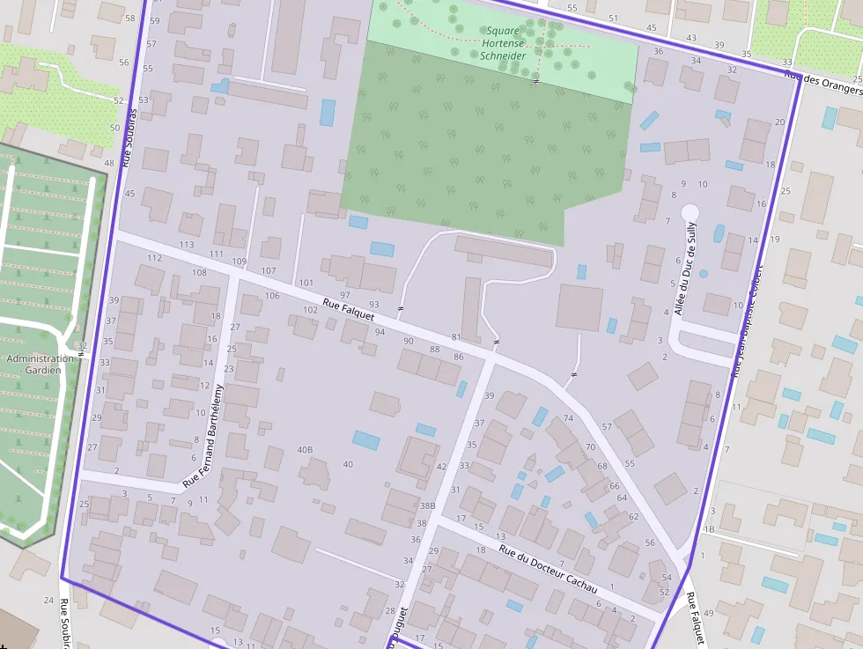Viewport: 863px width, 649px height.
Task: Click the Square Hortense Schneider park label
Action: [x=503, y=43]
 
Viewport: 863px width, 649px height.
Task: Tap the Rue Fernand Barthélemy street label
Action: [x=204, y=436]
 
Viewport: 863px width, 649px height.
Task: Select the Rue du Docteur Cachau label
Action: [x=548, y=570]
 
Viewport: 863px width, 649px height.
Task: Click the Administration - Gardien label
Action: [x=40, y=364]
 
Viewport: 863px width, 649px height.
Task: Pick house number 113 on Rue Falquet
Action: [x=186, y=245]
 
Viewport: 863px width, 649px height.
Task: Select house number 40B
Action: [x=305, y=450]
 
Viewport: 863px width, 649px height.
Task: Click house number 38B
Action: [x=427, y=506]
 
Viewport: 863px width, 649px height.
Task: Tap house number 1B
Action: [x=709, y=529]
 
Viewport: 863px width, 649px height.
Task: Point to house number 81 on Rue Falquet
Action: [x=456, y=337]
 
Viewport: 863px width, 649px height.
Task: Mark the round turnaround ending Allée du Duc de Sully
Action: [x=690, y=212]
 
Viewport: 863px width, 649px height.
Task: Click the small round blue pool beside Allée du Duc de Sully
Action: [x=703, y=274]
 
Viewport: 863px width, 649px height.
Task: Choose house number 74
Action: [x=568, y=418]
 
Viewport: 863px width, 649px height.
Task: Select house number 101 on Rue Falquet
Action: [x=306, y=283]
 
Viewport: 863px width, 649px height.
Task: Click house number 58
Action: [x=130, y=18]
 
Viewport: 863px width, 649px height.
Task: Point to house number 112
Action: [x=154, y=258]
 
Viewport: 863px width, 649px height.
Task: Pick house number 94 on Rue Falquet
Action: [x=380, y=332]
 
